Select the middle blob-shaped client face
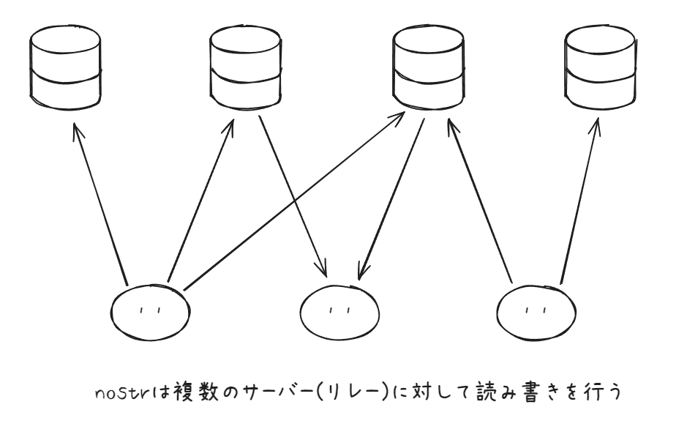click(339, 311)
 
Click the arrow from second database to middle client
click(293, 194)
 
